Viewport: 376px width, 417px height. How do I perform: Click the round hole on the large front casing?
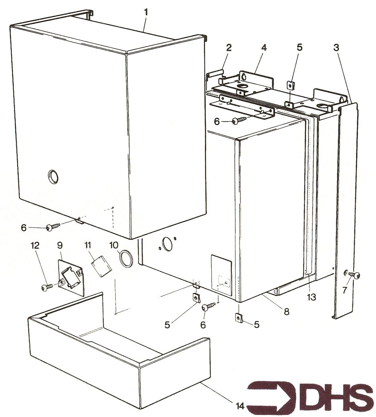[54, 176]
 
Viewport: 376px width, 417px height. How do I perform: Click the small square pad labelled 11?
[101, 266]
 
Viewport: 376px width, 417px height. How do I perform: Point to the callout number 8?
[287, 311]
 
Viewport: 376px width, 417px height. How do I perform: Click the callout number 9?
[60, 245]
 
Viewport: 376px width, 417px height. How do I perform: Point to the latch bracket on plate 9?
[70, 278]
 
